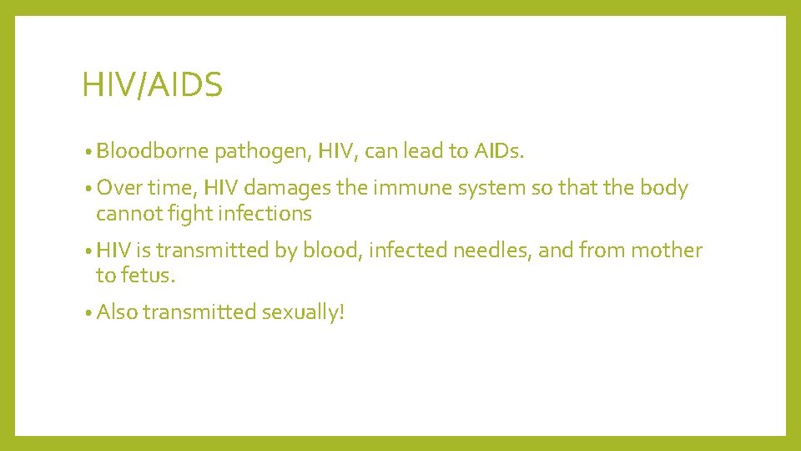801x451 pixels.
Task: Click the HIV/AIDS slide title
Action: (x=152, y=85)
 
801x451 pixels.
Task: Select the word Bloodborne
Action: (x=153, y=151)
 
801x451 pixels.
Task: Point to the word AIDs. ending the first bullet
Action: (x=498, y=151)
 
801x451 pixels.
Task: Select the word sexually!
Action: (x=303, y=312)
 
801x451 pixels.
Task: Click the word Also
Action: (x=117, y=312)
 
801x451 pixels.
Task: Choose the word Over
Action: (x=116, y=189)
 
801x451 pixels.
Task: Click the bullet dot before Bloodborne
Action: (x=88, y=153)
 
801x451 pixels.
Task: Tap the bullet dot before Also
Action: (x=88, y=314)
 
